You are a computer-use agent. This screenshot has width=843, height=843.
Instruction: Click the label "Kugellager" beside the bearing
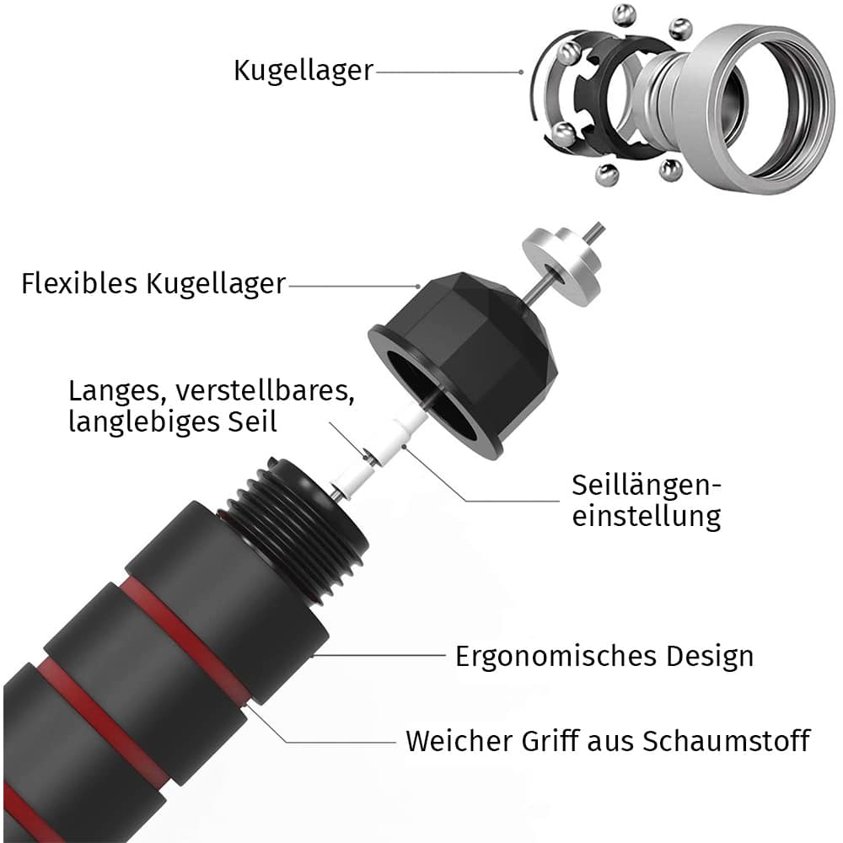click(x=303, y=70)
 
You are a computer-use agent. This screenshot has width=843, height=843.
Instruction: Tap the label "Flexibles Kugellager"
click(x=153, y=283)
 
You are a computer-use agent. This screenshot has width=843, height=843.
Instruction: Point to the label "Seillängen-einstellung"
click(x=647, y=500)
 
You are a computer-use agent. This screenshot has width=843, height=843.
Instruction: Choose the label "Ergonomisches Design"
click(x=604, y=656)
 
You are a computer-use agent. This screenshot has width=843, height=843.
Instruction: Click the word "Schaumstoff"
click(x=727, y=741)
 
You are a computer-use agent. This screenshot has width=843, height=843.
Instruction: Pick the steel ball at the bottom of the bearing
click(x=606, y=175)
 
